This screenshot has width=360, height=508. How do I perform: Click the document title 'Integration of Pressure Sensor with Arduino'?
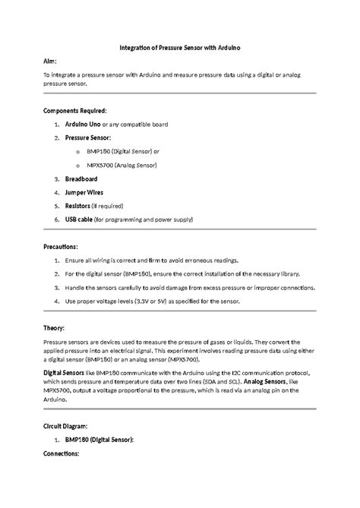[180, 48]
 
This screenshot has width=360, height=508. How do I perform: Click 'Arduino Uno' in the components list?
[83, 124]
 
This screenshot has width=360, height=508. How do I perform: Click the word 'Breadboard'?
[81, 178]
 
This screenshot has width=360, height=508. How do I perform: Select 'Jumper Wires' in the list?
[84, 192]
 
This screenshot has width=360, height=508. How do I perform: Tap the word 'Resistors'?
[78, 206]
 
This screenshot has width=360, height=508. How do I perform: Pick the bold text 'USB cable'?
[79, 219]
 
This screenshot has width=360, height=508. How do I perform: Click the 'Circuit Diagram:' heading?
[65, 426]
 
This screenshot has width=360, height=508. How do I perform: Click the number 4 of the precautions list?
[57, 301]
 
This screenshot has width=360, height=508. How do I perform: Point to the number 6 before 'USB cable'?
[57, 219]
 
